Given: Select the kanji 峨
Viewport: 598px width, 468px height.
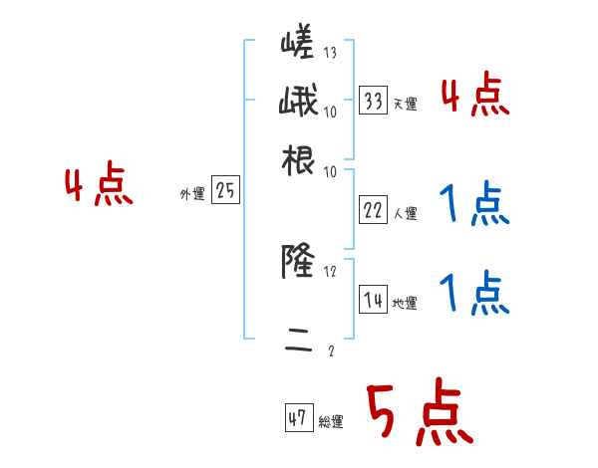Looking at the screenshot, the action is (297, 104).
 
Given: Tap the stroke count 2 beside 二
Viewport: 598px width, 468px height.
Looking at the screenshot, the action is (331, 351).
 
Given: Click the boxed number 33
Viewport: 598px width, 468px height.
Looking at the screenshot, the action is (373, 100).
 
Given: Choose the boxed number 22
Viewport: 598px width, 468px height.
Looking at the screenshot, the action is (373, 209).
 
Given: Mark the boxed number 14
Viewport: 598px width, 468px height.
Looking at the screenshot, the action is (373, 299).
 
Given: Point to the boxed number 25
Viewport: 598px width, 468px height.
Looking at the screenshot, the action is (225, 191).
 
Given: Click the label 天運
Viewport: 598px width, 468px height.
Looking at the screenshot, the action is (405, 104).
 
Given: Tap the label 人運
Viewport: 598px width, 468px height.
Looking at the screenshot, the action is (405, 213).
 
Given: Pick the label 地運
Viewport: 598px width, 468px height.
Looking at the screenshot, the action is (405, 303).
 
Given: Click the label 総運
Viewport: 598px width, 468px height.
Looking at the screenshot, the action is (331, 421).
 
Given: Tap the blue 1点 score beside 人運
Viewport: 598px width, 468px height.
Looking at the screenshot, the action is (473, 204).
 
